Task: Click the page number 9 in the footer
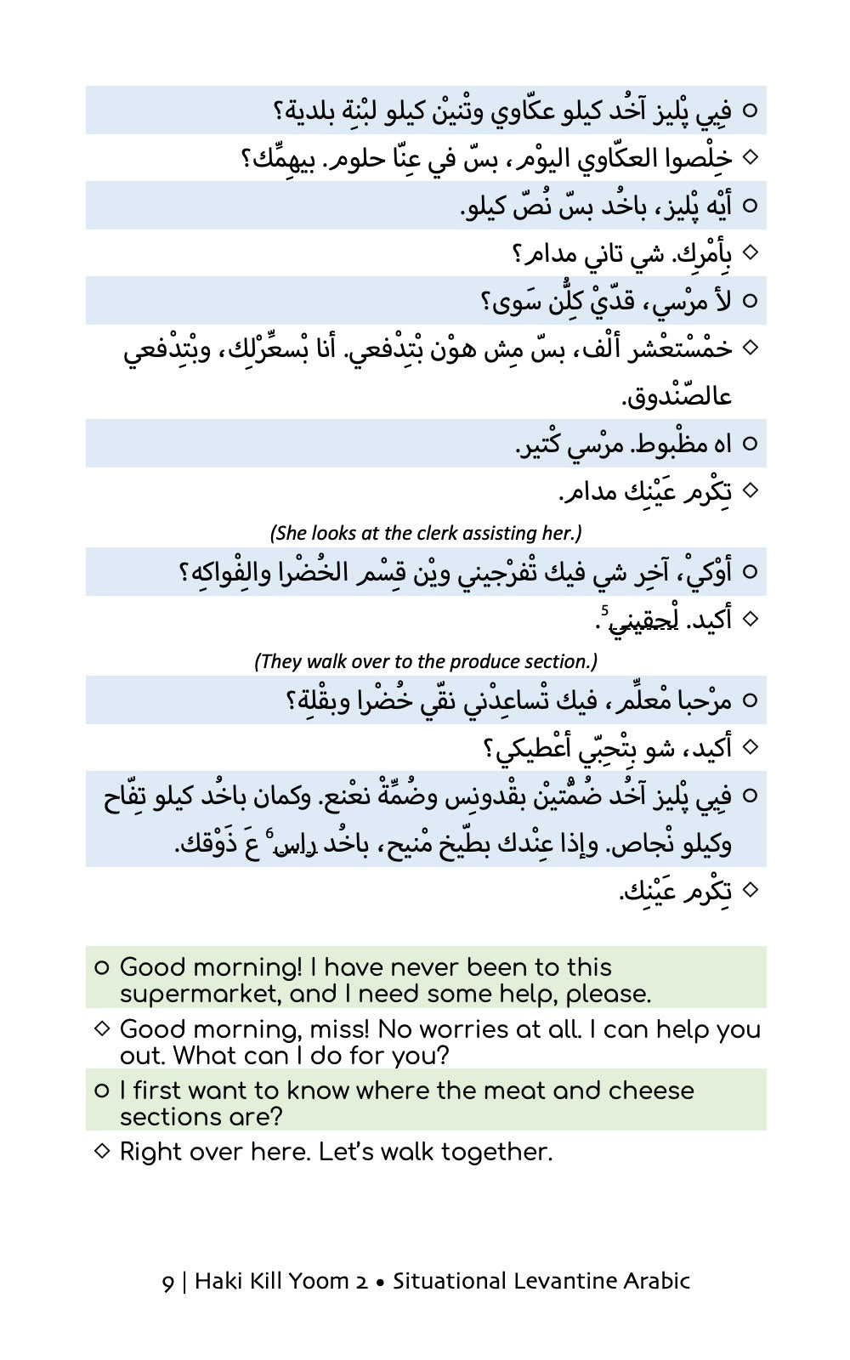click(167, 1282)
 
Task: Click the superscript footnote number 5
click(604, 609)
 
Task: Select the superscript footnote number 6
click(269, 833)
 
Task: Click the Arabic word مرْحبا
click(698, 701)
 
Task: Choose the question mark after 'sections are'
click(274, 1117)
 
